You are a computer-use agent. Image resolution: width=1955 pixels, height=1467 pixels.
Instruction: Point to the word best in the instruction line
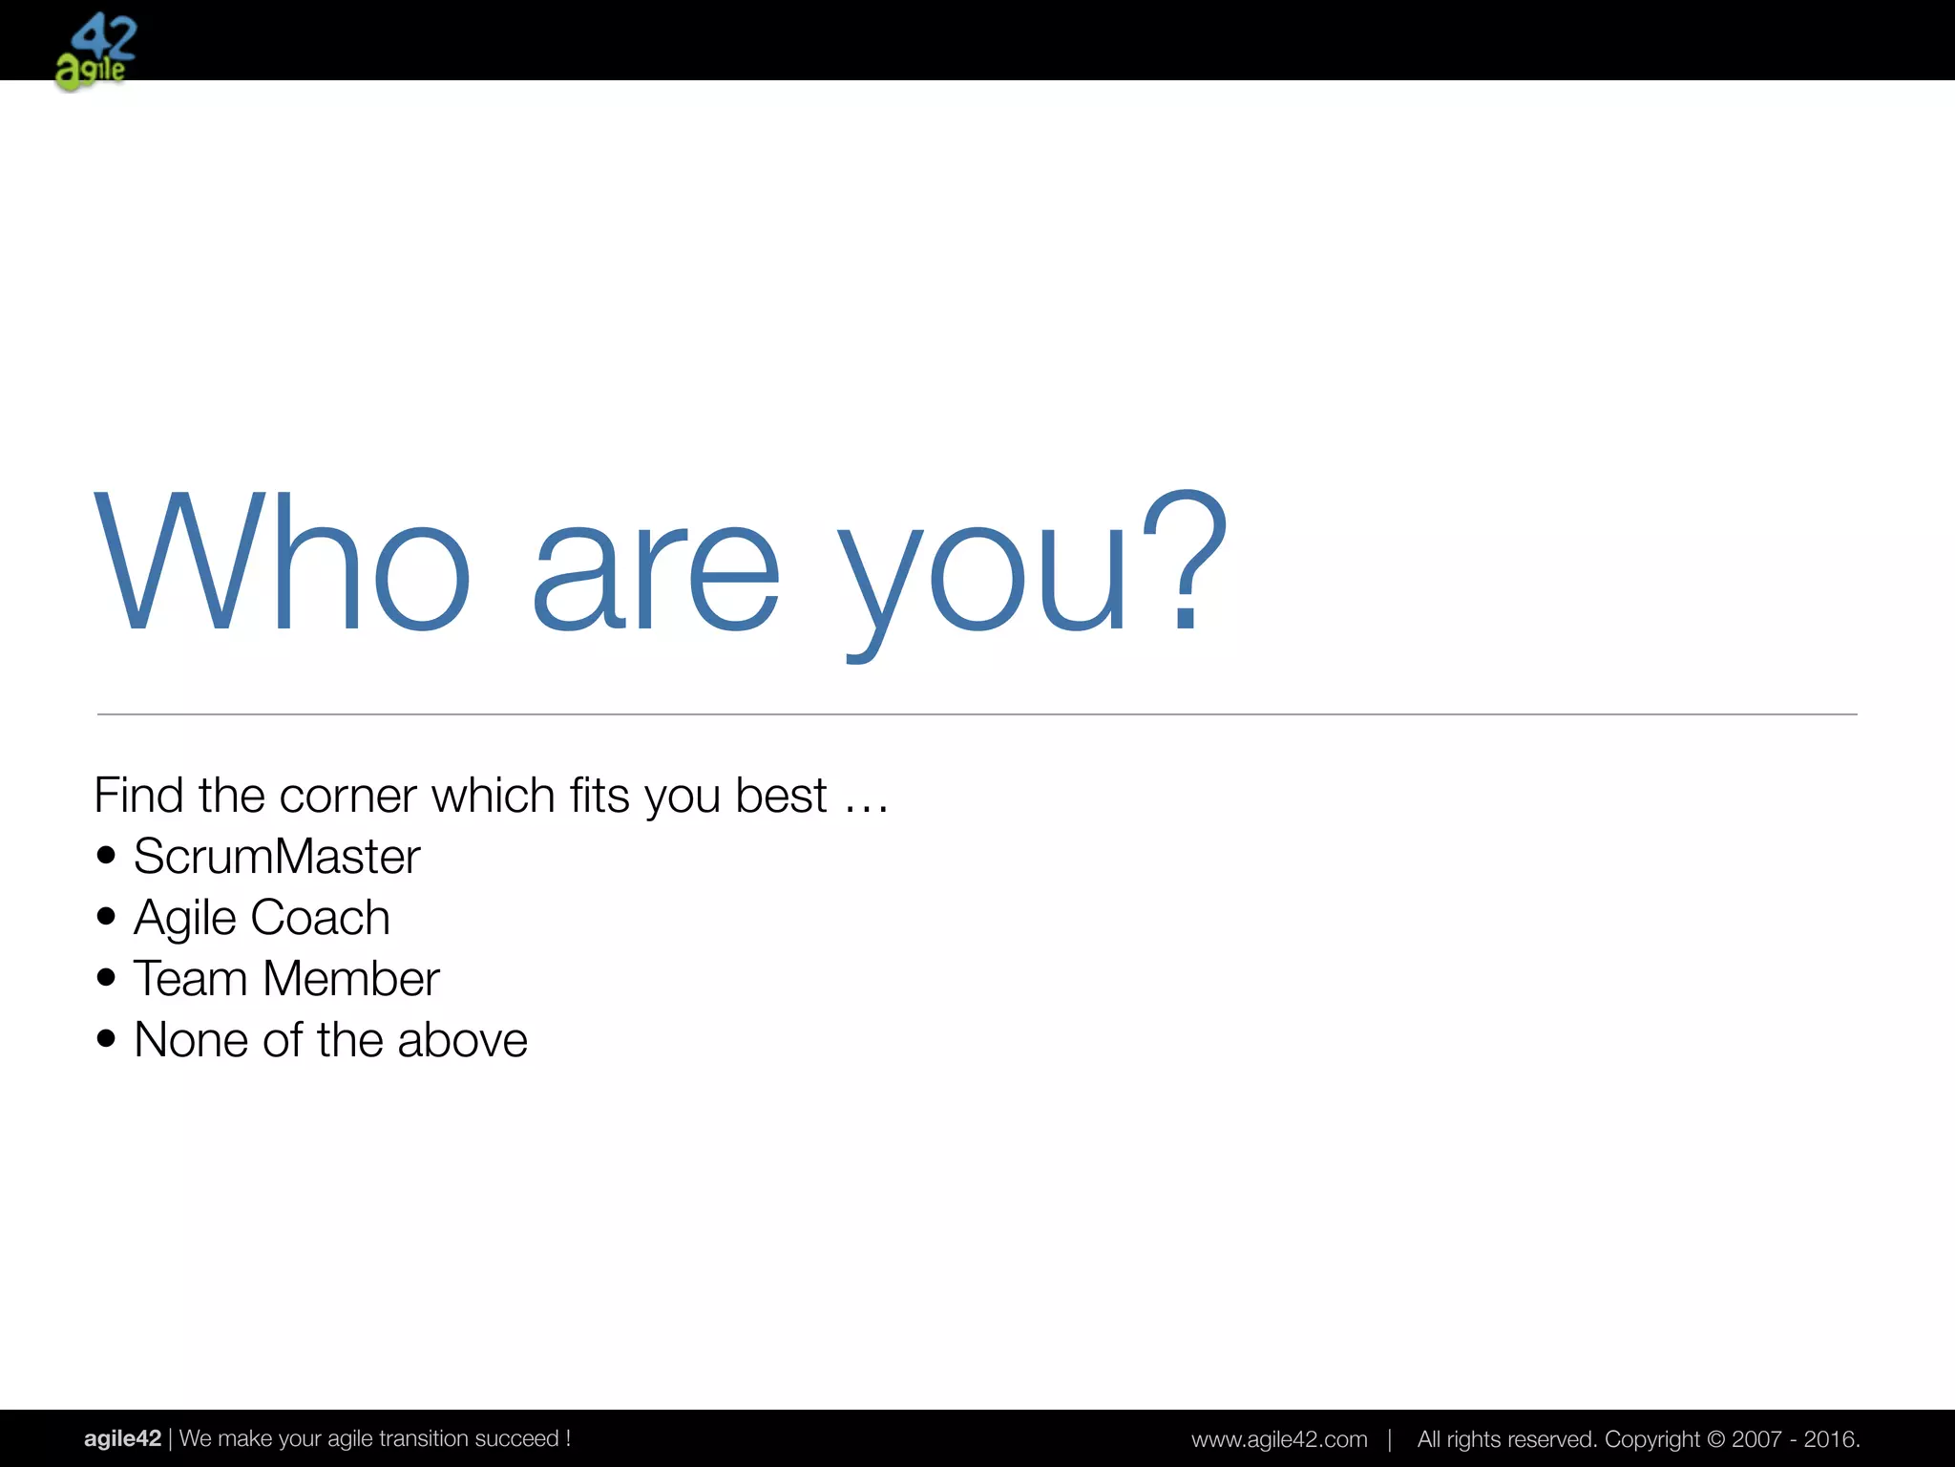click(x=780, y=796)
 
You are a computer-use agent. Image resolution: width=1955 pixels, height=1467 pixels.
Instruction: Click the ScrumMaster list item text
click(x=277, y=857)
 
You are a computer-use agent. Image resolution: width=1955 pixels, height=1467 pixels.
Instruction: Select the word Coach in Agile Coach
click(x=320, y=918)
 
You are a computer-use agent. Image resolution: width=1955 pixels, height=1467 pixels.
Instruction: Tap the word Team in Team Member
click(x=190, y=979)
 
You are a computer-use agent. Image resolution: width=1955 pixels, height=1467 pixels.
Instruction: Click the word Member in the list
click(x=350, y=979)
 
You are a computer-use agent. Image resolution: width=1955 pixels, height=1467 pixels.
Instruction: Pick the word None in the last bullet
click(x=192, y=1040)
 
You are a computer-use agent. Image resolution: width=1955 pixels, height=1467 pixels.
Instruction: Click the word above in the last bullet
click(x=462, y=1040)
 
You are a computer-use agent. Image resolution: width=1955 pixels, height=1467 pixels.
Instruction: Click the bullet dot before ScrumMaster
click(x=106, y=855)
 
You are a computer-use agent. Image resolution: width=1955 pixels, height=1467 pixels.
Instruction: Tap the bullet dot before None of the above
click(x=106, y=1038)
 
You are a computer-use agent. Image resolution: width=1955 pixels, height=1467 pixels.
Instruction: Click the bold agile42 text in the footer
click(x=122, y=1438)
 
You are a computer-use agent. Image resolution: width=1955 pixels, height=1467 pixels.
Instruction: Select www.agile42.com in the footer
click(x=1279, y=1439)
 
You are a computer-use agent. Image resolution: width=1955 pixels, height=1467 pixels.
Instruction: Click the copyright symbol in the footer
click(x=1715, y=1439)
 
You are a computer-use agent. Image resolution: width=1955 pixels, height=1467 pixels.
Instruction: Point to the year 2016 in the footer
click(x=1829, y=1439)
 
